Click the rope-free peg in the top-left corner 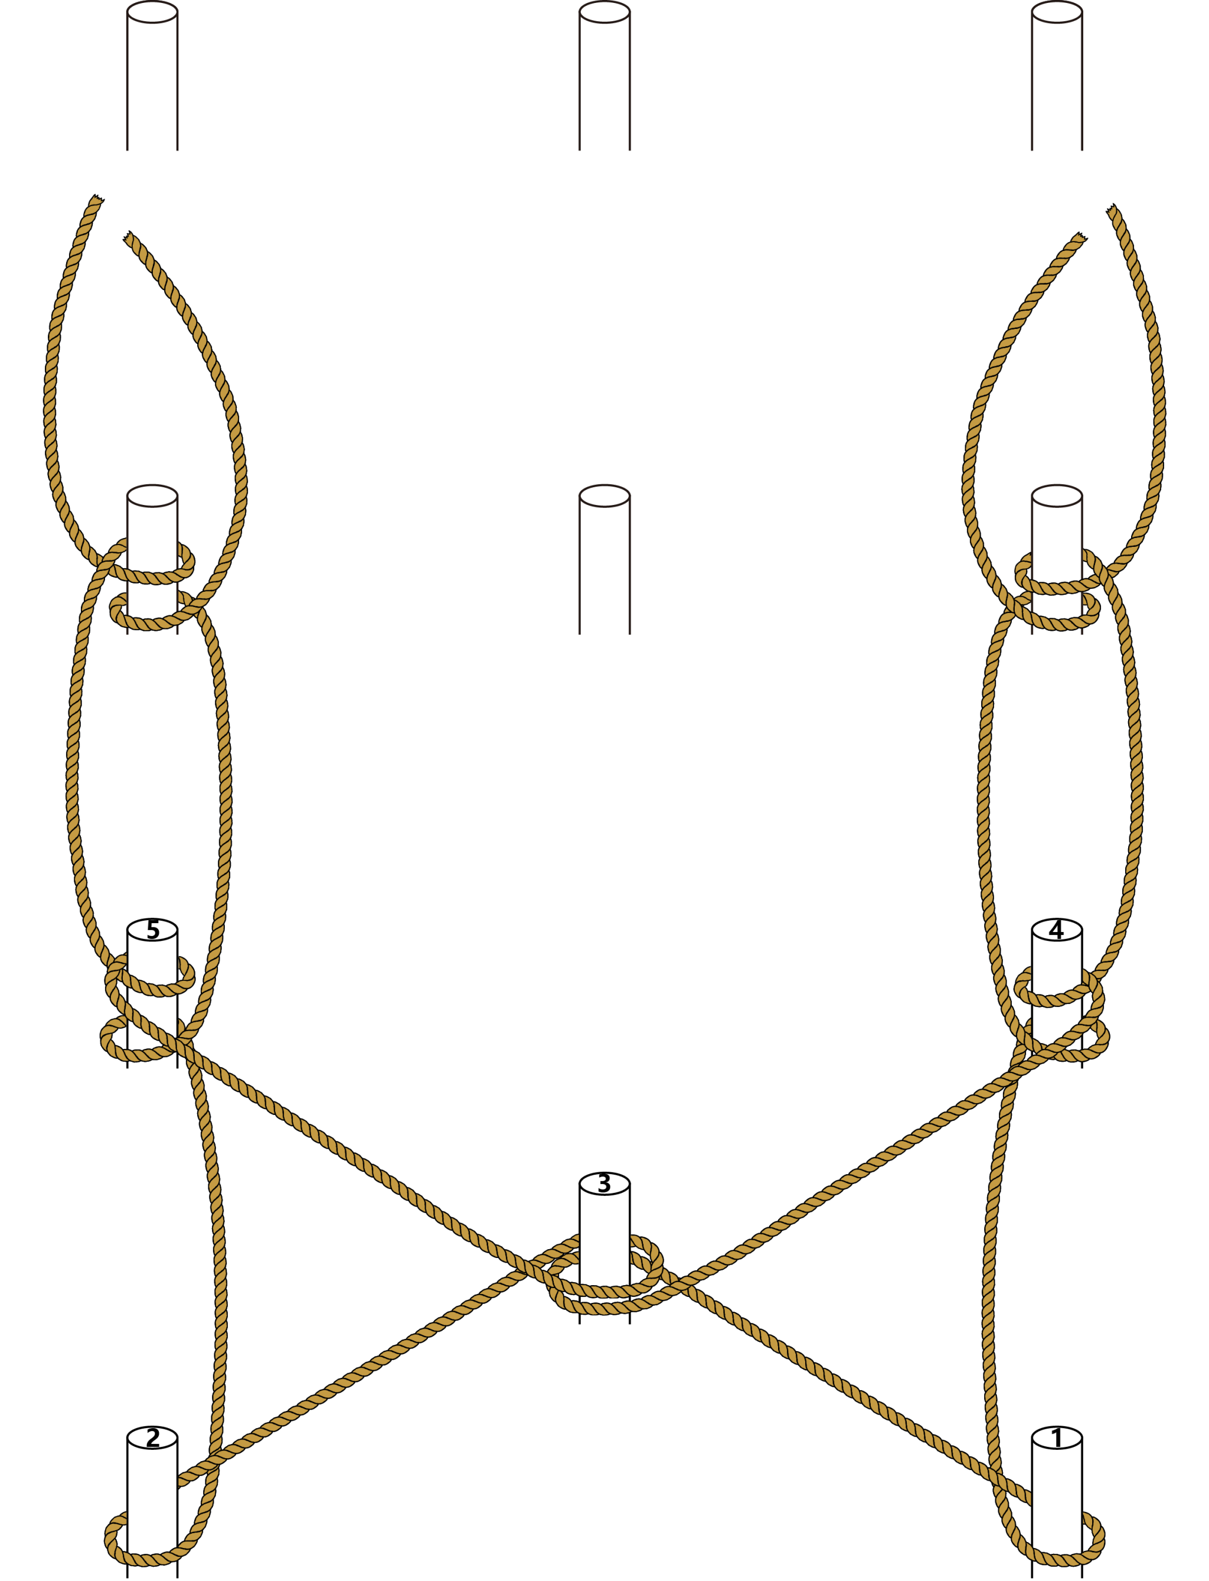[152, 76]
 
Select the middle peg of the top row [604, 76]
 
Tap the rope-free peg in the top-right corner [1057, 76]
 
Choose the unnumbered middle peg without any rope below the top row [604, 559]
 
